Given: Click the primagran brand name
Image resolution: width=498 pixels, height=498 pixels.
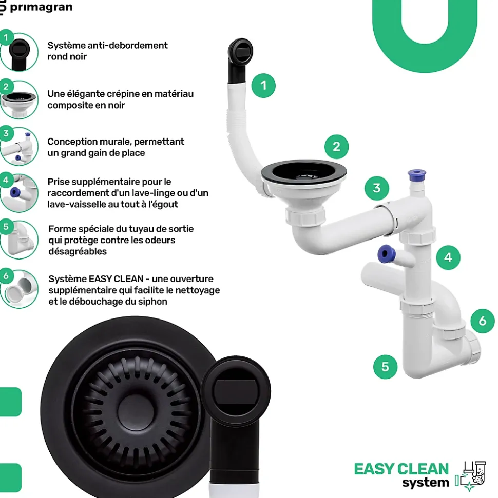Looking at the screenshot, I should click(x=41, y=7).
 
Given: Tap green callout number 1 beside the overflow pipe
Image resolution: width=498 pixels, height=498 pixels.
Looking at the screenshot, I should click(x=263, y=85).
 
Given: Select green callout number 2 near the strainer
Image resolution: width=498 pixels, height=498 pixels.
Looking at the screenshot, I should click(x=336, y=147).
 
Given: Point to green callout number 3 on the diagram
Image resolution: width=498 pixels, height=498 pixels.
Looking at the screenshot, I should click(x=377, y=188).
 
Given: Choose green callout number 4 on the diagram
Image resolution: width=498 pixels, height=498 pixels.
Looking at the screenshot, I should click(x=448, y=257).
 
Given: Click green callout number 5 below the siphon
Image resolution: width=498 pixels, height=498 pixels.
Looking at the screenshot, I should click(x=386, y=367).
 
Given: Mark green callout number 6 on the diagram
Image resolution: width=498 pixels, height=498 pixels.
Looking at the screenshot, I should click(x=482, y=321).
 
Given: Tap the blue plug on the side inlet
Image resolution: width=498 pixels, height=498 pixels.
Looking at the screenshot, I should click(x=384, y=253).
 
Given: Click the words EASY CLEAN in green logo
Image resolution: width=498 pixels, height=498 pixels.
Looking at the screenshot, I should click(x=401, y=469).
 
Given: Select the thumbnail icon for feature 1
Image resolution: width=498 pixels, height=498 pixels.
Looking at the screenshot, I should click(x=19, y=51).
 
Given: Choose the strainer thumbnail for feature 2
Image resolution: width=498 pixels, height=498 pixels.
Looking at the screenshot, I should click(x=19, y=99).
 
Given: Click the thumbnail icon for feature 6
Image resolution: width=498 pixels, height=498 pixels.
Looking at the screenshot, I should click(x=20, y=289).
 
